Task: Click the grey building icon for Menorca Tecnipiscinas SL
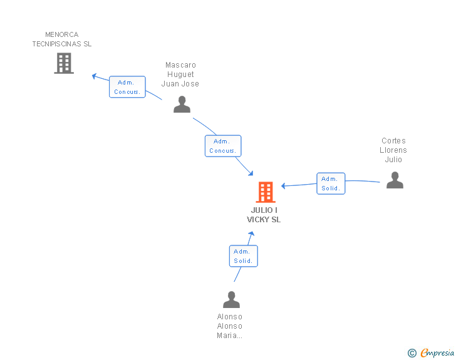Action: [64, 63]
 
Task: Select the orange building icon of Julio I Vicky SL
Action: [266, 192]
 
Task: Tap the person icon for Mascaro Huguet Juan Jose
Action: [182, 105]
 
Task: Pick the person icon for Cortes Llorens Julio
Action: [395, 180]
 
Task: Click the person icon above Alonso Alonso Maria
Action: [231, 300]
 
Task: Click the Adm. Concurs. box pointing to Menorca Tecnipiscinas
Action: [127, 87]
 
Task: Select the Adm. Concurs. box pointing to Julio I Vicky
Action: [222, 146]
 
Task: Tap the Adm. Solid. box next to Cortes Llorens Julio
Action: [331, 183]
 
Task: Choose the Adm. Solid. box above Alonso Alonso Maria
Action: [243, 256]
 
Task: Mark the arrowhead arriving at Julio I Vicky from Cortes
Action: [284, 186]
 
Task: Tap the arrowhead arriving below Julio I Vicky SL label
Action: [251, 234]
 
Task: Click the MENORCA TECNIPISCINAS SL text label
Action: [62, 39]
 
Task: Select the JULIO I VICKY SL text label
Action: [264, 215]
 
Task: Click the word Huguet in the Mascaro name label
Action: [180, 75]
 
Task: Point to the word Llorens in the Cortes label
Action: [393, 150]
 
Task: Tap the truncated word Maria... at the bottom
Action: [230, 336]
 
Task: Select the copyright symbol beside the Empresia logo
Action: [412, 353]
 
